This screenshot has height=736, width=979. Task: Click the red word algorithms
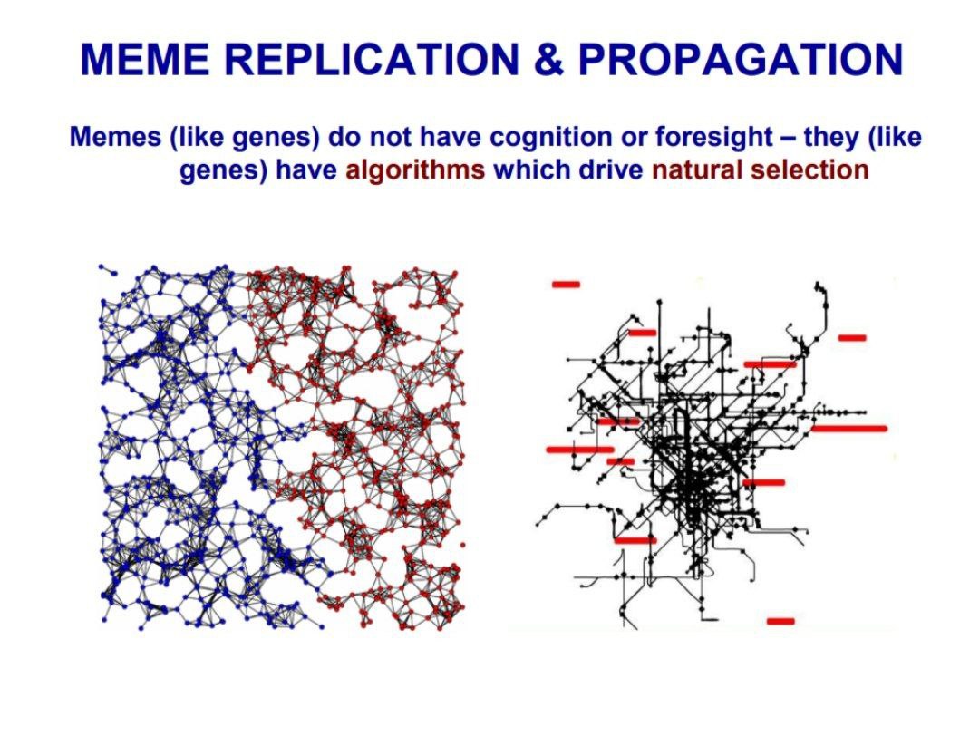coord(415,170)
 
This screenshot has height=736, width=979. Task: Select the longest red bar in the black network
coord(849,428)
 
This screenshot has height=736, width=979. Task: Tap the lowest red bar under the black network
coord(780,621)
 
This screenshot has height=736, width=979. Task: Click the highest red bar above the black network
coord(567,285)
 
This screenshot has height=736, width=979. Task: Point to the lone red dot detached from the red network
coord(462,545)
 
